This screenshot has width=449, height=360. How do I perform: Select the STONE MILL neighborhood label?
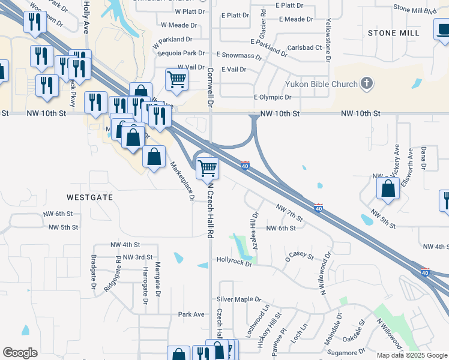pyautogui.click(x=394, y=32)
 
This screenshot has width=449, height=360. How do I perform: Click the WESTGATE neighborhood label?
pyautogui.click(x=90, y=197)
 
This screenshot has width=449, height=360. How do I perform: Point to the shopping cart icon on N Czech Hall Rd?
pyautogui.click(x=207, y=168)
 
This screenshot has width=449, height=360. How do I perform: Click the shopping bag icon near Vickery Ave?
pyautogui.click(x=388, y=188)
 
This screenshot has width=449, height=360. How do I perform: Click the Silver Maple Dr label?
pyautogui.click(x=240, y=299)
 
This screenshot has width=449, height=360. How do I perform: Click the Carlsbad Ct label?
pyautogui.click(x=304, y=47)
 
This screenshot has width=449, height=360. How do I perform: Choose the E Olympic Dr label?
pyautogui.click(x=273, y=97)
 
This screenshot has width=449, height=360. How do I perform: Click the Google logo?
pyautogui.click(x=20, y=353)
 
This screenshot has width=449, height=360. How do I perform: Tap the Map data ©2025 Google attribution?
pyautogui.click(x=412, y=355)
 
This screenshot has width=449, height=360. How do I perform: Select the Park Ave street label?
pyautogui.click(x=191, y=314)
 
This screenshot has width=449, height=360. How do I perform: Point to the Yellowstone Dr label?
pyautogui.click(x=328, y=40)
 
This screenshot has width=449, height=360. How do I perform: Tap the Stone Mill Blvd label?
pyautogui.click(x=414, y=10)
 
